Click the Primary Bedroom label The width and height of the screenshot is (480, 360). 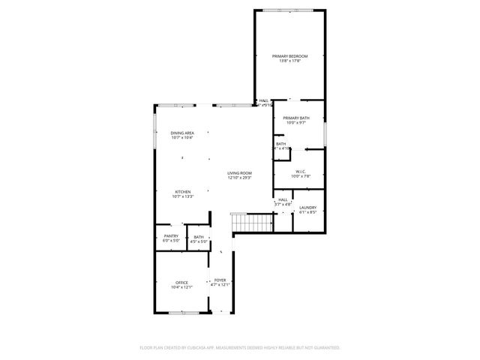coord(289,56)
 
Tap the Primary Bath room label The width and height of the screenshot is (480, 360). coord(296,118)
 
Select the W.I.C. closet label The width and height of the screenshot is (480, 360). coord(299,171)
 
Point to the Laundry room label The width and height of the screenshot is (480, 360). coord(307,208)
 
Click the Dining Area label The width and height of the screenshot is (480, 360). coord(181,133)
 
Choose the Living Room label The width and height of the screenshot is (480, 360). coord(239,173)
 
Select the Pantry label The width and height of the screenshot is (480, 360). coord(171,236)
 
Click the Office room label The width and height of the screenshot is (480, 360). coord(181,283)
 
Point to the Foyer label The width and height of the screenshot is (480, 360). coord(220,280)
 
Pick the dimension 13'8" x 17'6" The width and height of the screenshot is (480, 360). coord(289,61)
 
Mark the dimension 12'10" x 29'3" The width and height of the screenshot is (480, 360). coord(239,178)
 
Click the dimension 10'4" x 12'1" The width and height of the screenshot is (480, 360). coord(181,287)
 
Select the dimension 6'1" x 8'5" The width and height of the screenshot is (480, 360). coord(307,212)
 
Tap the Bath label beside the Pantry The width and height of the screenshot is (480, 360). coord(198,236)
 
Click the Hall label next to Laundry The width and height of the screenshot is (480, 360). coord(283,199)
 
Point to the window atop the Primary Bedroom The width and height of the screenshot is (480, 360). coord(289,10)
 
